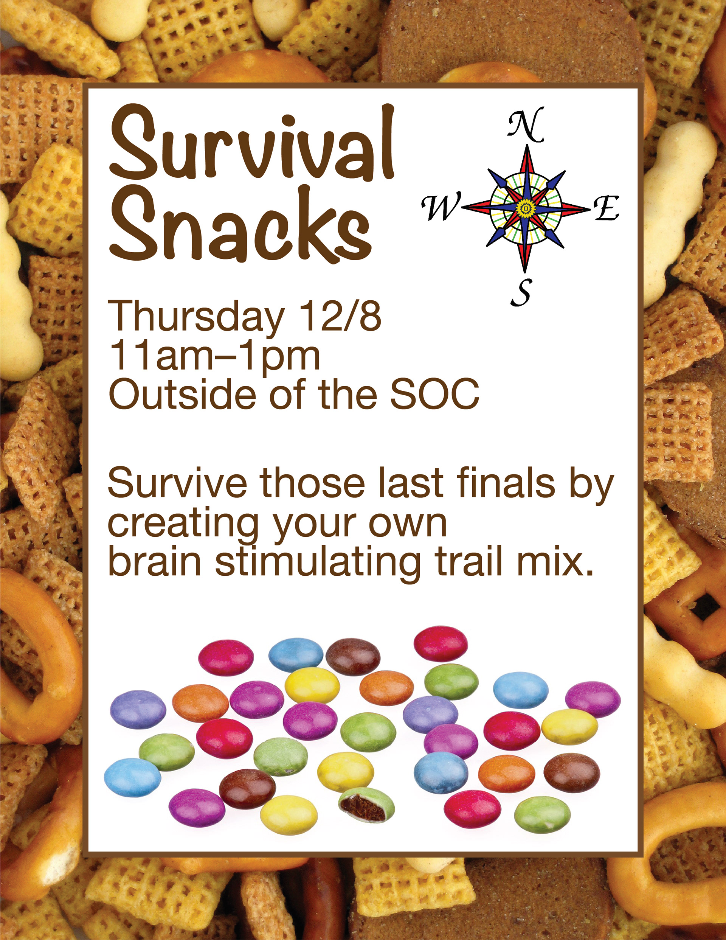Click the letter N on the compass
coord(526,125)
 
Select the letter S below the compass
coord(521,292)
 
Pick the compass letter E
coord(607,208)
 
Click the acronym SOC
coord(434,394)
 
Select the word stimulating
coord(318,562)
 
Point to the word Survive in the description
coord(177,483)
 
